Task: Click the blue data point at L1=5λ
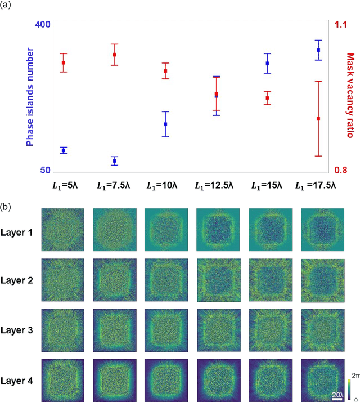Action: (64, 150)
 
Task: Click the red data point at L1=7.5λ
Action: (114, 55)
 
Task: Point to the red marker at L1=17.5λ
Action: (318, 119)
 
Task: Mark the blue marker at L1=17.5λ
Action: (318, 50)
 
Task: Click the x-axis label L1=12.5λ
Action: (216, 185)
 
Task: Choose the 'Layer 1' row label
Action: (17, 231)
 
